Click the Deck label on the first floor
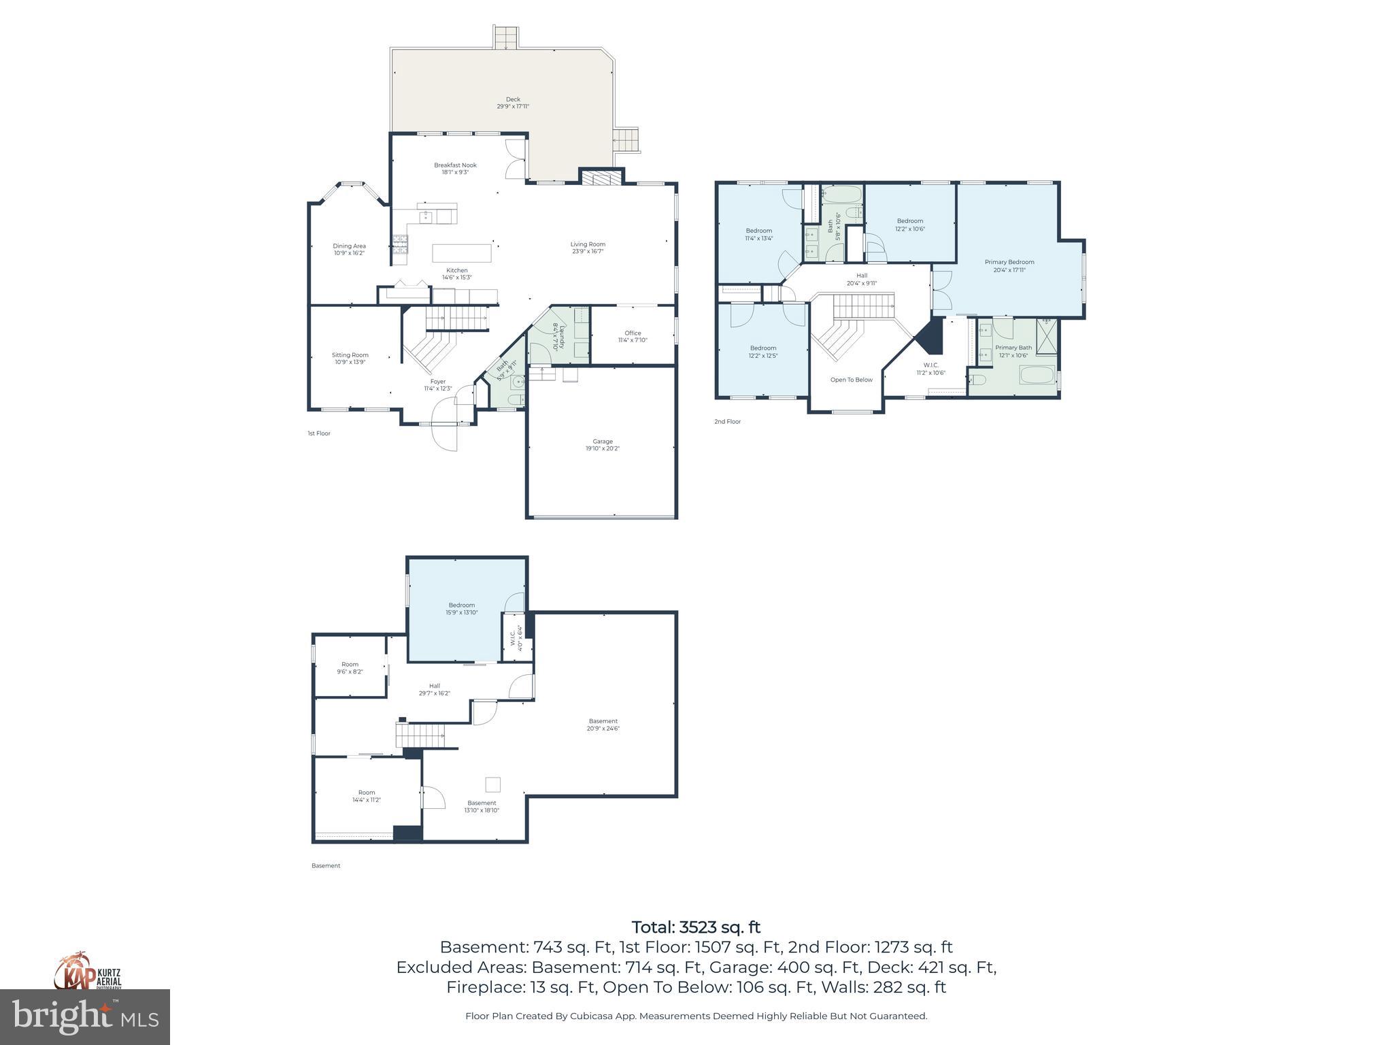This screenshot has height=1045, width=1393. (x=513, y=103)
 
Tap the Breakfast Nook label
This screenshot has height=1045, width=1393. (x=455, y=168)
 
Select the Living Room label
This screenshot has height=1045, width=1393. (x=588, y=248)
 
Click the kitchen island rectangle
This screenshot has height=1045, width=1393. (x=462, y=253)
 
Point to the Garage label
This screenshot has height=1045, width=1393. (x=602, y=445)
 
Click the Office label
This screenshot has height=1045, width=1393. (x=633, y=336)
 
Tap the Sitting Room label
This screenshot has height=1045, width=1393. (x=350, y=359)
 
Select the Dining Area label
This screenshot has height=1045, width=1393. (x=349, y=249)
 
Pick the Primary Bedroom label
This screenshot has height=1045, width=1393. (x=1009, y=265)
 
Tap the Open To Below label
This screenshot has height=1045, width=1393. (x=851, y=380)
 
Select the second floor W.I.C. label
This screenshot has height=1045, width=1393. (x=930, y=369)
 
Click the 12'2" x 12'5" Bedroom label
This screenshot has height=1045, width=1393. (x=763, y=352)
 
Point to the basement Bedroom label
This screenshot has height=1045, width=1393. (x=462, y=608)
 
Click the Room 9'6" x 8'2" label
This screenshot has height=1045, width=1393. (x=350, y=667)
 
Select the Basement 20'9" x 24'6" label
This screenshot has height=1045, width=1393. (x=603, y=725)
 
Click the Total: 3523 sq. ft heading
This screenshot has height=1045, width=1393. (x=696, y=927)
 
